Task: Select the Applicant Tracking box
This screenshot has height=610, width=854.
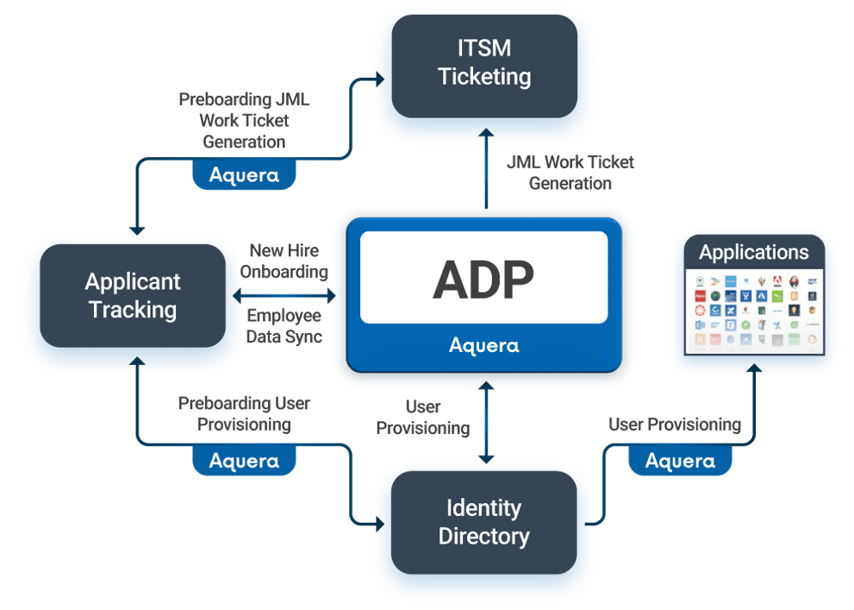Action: tap(132, 295)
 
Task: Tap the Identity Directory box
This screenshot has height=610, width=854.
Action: tap(483, 522)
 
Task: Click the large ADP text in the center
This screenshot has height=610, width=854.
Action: tap(483, 278)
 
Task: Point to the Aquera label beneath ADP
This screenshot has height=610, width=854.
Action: tap(483, 346)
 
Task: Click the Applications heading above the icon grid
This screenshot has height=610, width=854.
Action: tap(754, 252)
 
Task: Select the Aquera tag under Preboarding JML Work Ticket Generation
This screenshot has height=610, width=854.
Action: tap(244, 175)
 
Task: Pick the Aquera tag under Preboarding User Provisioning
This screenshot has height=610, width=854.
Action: tap(244, 461)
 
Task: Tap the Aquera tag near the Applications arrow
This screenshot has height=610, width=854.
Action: tap(680, 461)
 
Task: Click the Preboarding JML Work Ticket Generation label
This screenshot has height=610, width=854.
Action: tap(244, 121)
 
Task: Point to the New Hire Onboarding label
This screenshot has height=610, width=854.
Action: tap(284, 261)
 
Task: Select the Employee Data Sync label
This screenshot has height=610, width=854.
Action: tap(284, 326)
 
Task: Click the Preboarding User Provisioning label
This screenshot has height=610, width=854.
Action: tap(244, 414)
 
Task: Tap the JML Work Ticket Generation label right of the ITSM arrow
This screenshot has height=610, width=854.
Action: tap(570, 172)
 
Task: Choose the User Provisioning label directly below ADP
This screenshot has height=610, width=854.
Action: tap(423, 417)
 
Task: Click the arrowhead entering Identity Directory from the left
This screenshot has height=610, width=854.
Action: tap(380, 522)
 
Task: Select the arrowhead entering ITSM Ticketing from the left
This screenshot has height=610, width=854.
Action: tap(380, 80)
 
